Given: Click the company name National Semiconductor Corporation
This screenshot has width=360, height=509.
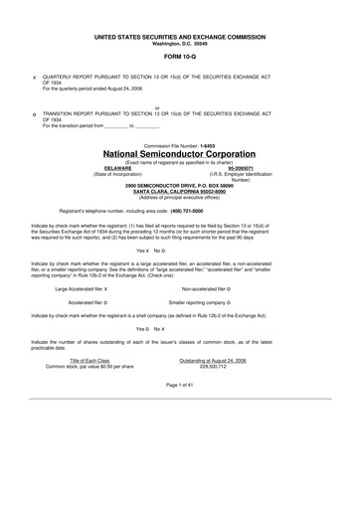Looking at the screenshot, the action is pos(180,155).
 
